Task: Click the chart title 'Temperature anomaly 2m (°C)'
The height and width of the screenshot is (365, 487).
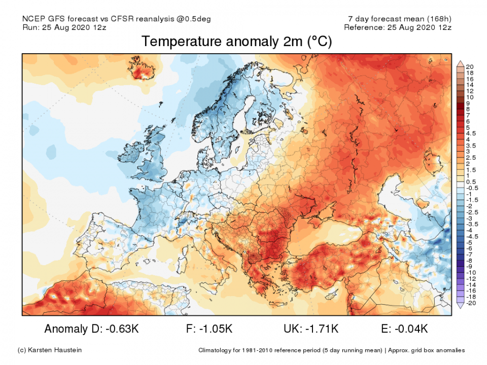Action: (236, 42)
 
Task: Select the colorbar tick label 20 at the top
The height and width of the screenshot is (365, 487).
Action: (470, 67)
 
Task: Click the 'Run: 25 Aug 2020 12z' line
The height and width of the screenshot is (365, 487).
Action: (64, 27)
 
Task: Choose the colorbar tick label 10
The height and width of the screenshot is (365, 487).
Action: (470, 97)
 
